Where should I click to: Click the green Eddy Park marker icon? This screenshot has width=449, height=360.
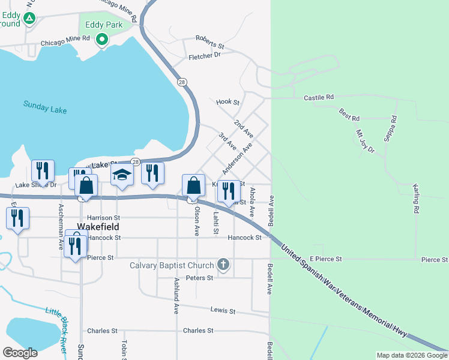point(102,40)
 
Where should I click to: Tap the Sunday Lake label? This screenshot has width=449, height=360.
point(45,107)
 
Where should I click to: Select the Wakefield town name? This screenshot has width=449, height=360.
point(98,227)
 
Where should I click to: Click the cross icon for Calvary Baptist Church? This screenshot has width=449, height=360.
point(223,265)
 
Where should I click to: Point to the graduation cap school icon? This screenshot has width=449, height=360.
point(122,175)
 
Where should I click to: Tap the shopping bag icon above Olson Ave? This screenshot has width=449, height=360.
point(194,185)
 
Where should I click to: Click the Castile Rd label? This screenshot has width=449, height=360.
point(318,97)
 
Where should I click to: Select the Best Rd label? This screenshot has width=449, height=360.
point(349,114)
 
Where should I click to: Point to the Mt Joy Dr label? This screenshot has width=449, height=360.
point(365,142)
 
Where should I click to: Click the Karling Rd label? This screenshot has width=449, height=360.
point(415,199)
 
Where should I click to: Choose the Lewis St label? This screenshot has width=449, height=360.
point(222,311)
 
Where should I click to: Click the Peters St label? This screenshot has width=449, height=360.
point(199,278)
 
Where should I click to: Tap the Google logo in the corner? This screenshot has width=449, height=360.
point(20,353)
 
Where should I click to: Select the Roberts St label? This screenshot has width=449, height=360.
point(210,46)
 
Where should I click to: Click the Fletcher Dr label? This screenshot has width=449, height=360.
point(205,56)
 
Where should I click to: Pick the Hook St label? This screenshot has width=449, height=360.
point(228,103)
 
